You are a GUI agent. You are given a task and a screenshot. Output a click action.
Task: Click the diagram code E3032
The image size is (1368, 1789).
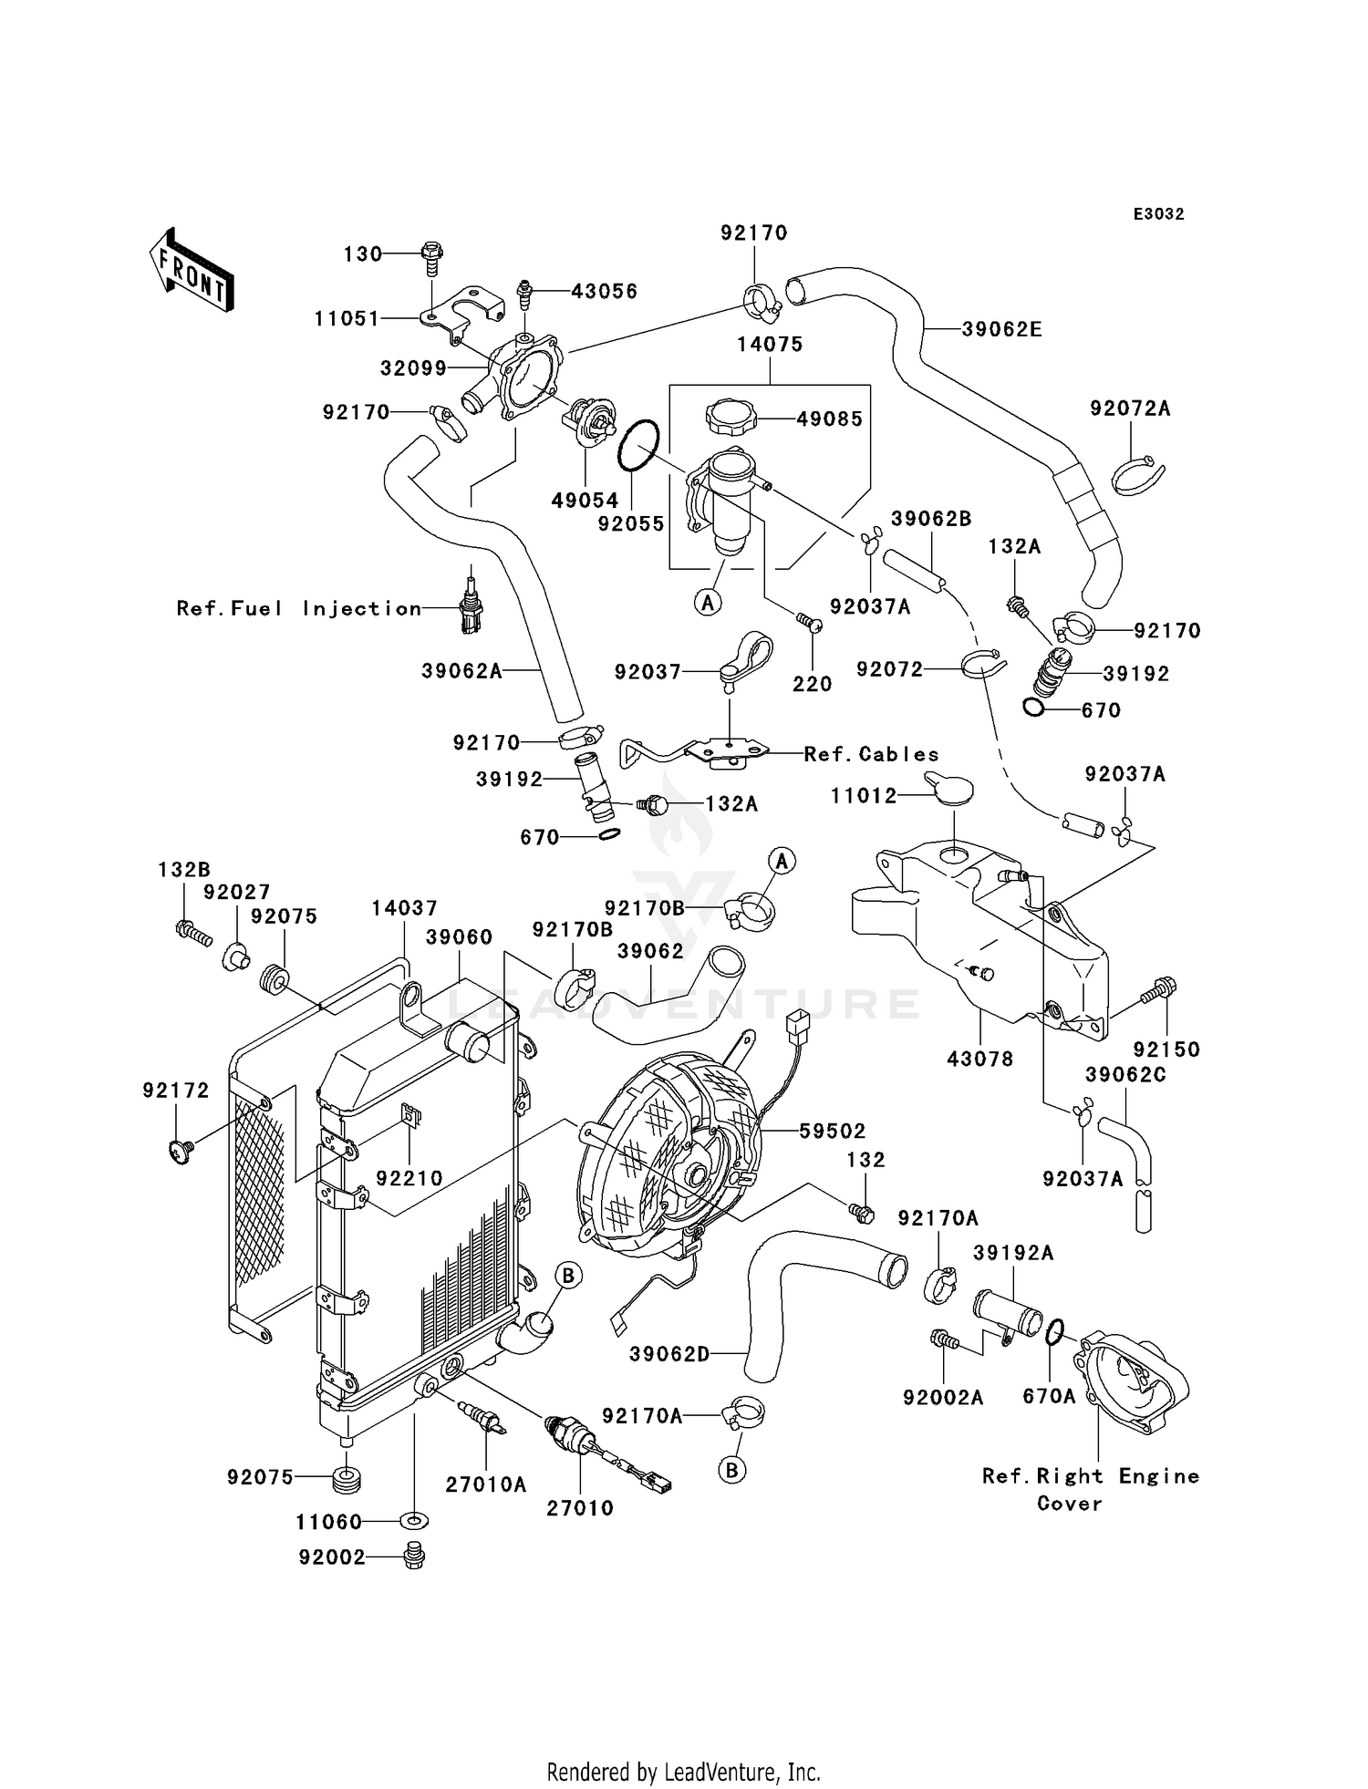(x=1158, y=214)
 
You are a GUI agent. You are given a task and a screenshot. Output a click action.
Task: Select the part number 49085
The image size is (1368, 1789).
(x=829, y=419)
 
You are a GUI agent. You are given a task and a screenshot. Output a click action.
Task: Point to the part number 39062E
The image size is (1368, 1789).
(x=1001, y=329)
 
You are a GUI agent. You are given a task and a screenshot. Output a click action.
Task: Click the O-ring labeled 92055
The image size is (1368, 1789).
(x=638, y=446)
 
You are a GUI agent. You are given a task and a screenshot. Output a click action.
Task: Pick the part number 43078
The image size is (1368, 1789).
(x=980, y=1060)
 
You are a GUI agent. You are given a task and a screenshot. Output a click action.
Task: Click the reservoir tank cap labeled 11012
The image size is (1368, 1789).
(x=948, y=789)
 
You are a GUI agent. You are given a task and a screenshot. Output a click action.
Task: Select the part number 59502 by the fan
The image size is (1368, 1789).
(x=832, y=1131)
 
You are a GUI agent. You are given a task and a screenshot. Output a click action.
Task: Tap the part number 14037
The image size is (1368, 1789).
(x=404, y=908)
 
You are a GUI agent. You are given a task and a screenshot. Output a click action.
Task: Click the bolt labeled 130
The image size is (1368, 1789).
(x=431, y=258)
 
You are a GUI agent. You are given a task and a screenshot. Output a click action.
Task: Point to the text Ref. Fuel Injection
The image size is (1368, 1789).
(x=299, y=608)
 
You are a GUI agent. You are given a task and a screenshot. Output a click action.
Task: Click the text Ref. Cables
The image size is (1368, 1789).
(x=872, y=754)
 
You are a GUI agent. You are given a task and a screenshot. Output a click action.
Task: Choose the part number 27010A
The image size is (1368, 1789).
(x=486, y=1484)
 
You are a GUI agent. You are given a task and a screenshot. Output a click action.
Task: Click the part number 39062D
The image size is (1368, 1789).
(x=669, y=1354)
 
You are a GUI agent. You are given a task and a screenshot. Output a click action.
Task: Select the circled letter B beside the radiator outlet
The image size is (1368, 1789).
(x=567, y=1275)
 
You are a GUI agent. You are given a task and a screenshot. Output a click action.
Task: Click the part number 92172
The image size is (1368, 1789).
(x=176, y=1091)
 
